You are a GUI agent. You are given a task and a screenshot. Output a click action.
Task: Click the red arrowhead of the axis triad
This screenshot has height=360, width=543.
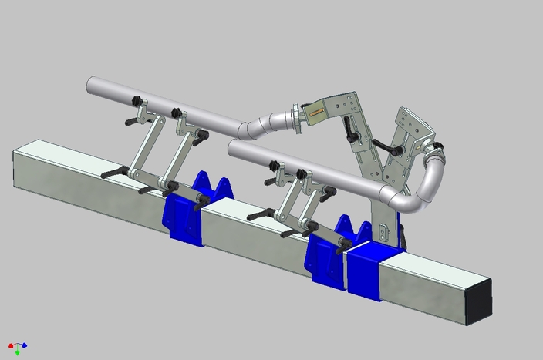point(11,345)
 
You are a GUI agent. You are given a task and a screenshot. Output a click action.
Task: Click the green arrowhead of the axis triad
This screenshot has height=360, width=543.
point(18,352)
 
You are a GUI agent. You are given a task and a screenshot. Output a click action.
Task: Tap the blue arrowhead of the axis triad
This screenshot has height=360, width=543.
point(25,345)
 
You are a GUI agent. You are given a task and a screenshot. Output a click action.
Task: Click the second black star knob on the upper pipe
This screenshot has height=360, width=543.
point(177,113)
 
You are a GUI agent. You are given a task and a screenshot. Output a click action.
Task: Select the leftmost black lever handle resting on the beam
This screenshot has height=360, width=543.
point(113,172)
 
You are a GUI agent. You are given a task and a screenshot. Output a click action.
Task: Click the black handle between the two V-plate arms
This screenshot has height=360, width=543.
point(390,149)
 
